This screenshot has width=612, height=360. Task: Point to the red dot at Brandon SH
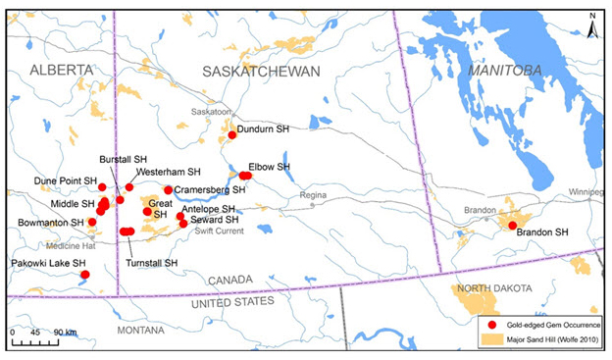512,226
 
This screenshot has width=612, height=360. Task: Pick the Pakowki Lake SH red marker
85,275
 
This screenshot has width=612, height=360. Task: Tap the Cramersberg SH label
209,188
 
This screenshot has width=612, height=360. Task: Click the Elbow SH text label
270,167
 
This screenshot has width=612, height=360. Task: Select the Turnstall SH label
152,263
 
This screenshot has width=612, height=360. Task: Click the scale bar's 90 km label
67,333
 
